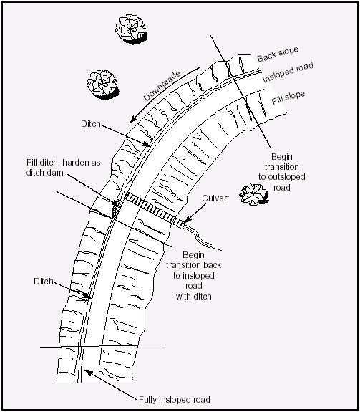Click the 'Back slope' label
point(278,54)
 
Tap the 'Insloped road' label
point(288,72)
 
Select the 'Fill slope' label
point(288,97)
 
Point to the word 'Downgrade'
point(162,86)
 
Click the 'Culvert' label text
point(215,198)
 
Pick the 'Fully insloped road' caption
point(175,400)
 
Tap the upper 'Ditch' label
point(91,124)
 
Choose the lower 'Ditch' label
point(44,282)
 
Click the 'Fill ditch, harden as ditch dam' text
point(63,168)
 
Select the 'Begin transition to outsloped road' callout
point(282,172)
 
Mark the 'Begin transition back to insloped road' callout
point(194,276)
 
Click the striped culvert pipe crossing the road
point(154,210)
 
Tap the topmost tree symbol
point(131,29)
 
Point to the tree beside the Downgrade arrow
point(103,85)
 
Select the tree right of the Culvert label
point(254,194)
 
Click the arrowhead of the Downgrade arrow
point(133,120)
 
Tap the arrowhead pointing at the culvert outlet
point(187,220)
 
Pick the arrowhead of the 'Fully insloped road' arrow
point(88,373)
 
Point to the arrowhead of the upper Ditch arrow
point(147,144)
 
